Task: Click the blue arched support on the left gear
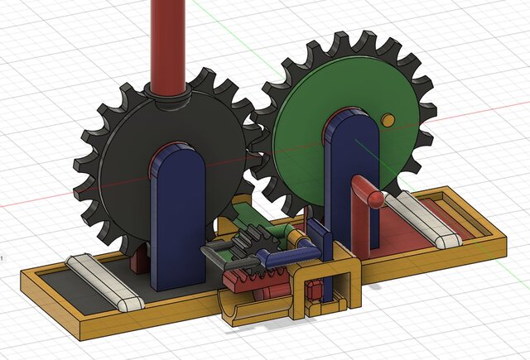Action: coord(179,215)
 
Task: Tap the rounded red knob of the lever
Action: coord(377,199)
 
